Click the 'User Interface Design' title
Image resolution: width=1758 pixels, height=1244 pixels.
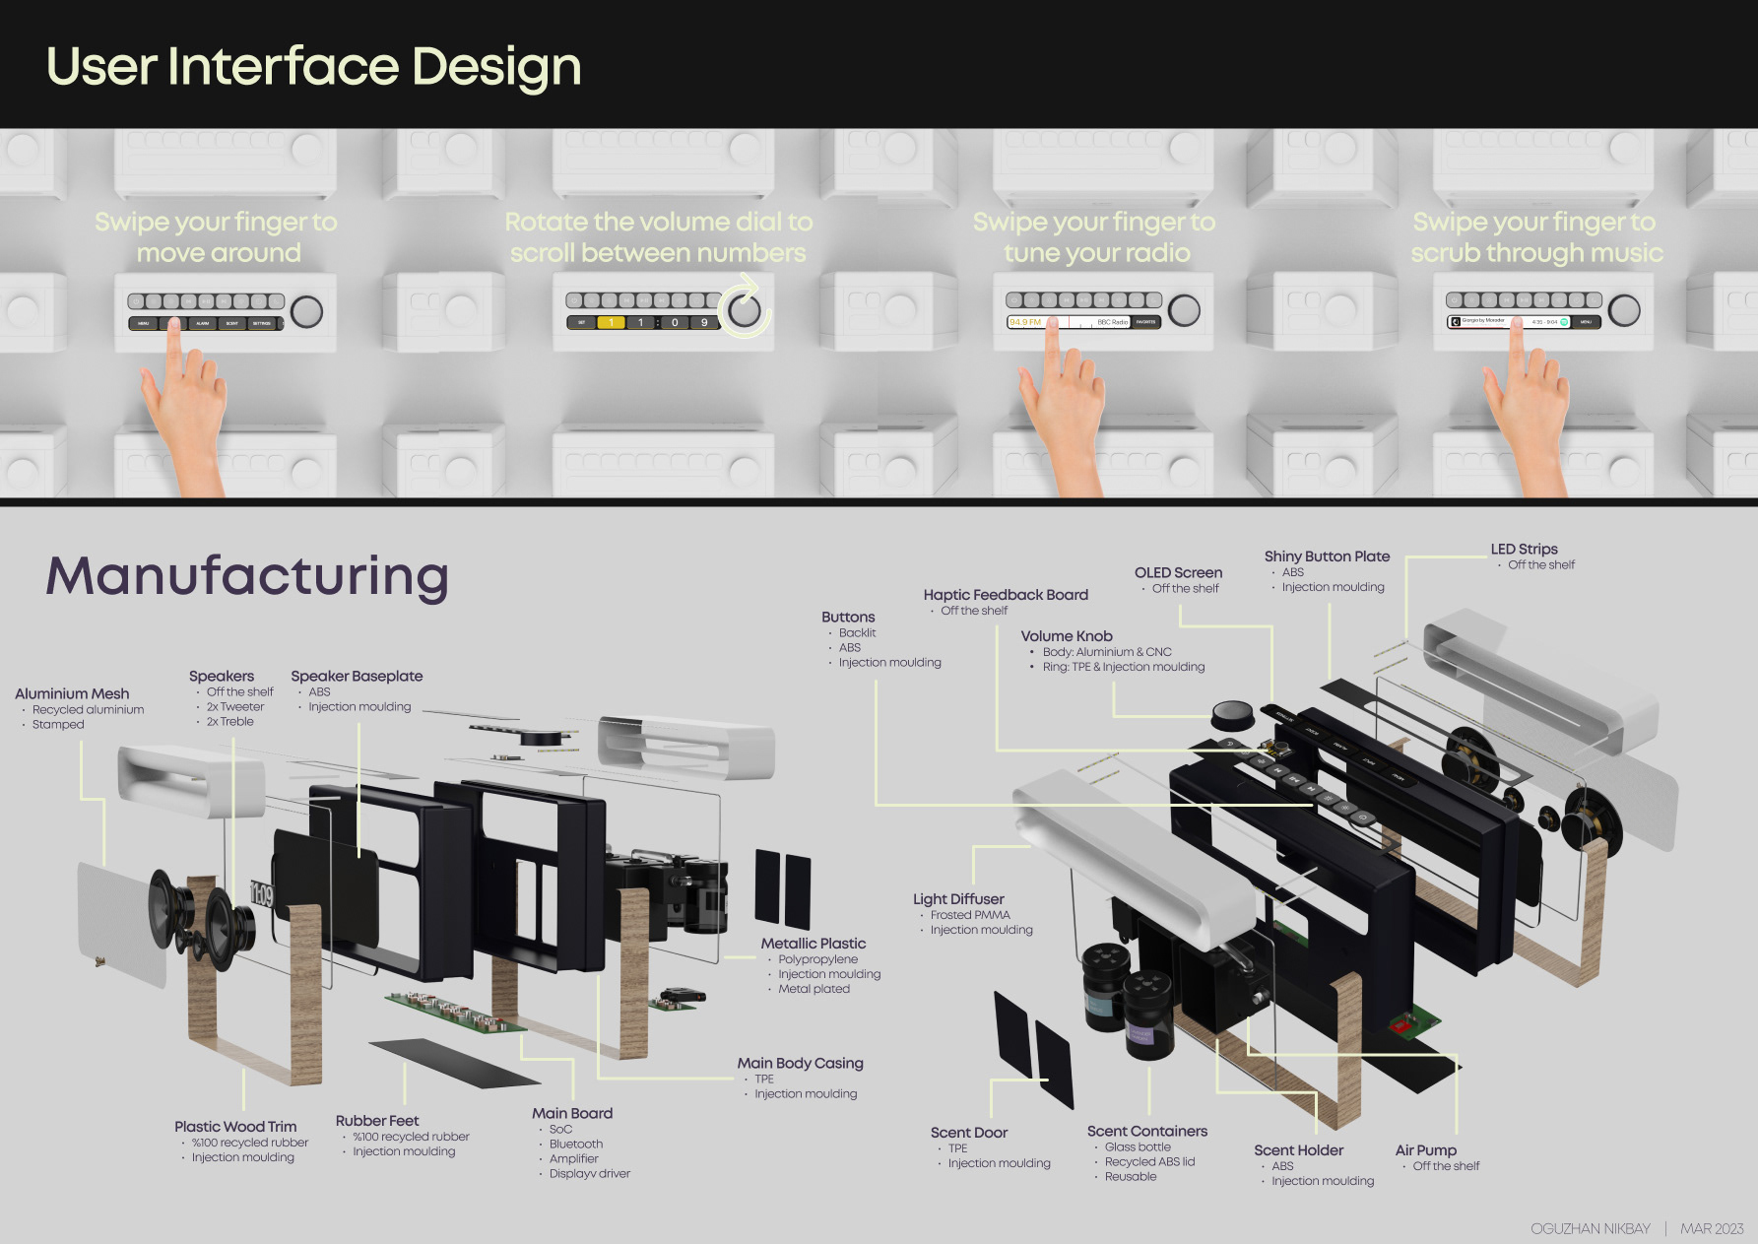click(313, 67)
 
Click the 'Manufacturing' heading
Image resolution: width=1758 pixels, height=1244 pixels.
click(247, 576)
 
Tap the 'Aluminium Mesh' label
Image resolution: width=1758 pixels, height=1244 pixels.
click(72, 693)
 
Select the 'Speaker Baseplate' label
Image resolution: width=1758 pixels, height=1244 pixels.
click(357, 676)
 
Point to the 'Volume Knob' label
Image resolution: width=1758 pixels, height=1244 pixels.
click(1067, 636)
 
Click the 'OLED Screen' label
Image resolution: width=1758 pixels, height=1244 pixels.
click(1178, 572)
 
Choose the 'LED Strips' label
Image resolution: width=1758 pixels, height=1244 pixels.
click(1524, 550)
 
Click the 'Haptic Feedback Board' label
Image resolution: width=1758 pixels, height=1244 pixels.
click(1006, 595)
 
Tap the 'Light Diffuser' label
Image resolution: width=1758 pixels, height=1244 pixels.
click(958, 899)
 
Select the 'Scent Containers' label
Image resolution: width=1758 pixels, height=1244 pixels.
click(1146, 1132)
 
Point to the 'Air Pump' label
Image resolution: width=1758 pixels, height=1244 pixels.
click(1425, 1150)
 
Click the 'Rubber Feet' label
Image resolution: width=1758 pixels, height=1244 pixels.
click(377, 1121)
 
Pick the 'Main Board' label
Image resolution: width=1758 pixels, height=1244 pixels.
click(572, 1113)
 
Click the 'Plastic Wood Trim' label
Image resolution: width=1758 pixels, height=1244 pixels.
click(235, 1127)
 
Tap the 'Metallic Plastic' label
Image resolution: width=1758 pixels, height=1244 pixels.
click(814, 944)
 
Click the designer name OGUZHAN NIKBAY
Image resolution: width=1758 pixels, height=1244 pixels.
click(1590, 1228)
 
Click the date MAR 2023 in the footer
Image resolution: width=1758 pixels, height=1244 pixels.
click(1712, 1228)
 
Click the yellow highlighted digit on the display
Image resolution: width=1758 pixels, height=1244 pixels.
click(611, 323)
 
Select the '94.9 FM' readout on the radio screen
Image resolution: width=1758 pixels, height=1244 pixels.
click(1025, 322)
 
